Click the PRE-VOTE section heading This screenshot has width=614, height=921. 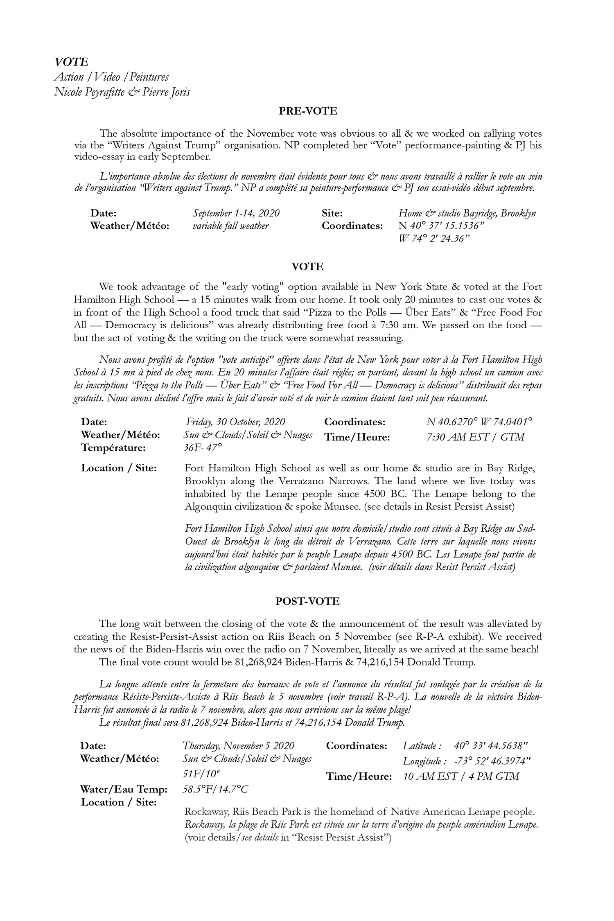pos(308,111)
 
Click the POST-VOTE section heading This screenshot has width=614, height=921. pos(307,601)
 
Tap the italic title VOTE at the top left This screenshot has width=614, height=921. pos(71,62)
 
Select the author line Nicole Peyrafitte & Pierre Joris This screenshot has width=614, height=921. pos(122,92)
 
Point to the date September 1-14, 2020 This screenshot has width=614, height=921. pos(236,213)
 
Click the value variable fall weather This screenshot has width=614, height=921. pos(230,226)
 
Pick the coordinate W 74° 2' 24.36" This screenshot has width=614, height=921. pos(433,239)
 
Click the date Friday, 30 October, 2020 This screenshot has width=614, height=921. pos(235,422)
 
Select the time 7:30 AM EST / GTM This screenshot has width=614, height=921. pos(475,437)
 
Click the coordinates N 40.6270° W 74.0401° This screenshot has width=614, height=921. pos(479,422)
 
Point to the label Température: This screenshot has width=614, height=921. pos(113,448)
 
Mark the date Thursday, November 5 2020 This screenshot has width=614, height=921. pos(238,745)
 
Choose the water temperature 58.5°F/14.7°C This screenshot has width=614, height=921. pos(215,789)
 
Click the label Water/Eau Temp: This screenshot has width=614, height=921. pos(124,789)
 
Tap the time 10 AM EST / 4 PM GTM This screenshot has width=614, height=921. pos(461,776)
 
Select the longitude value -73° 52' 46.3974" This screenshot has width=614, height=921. pos(492,761)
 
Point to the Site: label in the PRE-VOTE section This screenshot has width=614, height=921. pos(332,213)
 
